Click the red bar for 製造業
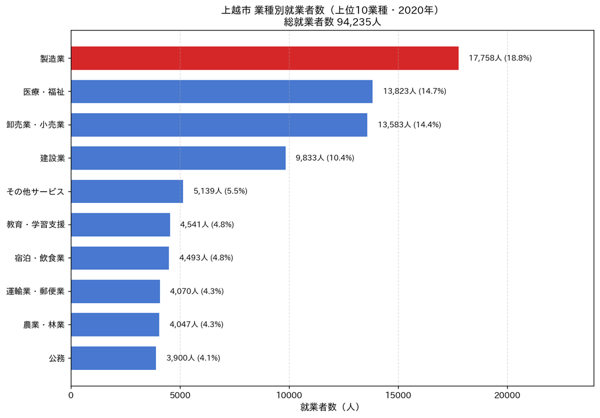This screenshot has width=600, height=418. coord(265,58)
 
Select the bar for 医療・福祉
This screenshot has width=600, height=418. coord(222,91)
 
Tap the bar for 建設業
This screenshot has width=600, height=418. coord(178,158)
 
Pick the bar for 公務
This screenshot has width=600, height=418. coord(114,358)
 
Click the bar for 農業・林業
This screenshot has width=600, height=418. coord(115,325)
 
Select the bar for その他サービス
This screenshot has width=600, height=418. coord(127,191)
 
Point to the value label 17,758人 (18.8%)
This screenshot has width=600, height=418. coord(500,58)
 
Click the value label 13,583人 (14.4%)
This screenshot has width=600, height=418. coord(410,125)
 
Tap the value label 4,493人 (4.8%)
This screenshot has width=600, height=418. coord(206,258)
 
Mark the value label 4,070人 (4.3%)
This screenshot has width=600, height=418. coord(197,291)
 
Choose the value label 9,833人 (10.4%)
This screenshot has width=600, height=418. coord(325,158)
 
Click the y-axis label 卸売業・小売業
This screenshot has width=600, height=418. coord(36,125)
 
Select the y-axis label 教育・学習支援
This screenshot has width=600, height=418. coord(36,225)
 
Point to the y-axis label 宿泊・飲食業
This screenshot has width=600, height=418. coord(40,258)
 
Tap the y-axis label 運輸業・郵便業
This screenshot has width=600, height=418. coord(36,291)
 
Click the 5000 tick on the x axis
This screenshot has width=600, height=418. coord(180,395)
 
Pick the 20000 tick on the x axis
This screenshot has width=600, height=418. coord(507,395)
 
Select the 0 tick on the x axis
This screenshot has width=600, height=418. coord(71,395)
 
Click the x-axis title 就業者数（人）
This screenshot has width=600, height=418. coord(330,407)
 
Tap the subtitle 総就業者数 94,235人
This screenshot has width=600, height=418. coord(332,22)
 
